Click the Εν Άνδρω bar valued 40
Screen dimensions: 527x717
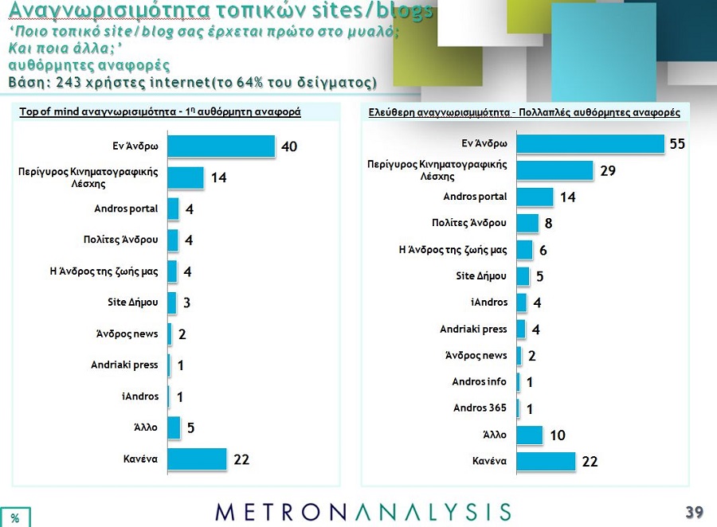[x=221, y=146]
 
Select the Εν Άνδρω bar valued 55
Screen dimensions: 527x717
[x=590, y=143]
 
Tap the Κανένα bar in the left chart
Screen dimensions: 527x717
[x=198, y=459]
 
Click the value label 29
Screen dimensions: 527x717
[x=607, y=171]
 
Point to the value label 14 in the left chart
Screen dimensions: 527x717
[x=218, y=178]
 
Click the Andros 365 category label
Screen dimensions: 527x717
[x=480, y=408]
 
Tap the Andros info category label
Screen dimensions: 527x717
[x=479, y=382]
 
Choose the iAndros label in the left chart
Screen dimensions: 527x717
[x=142, y=396]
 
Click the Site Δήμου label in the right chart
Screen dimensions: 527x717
[x=483, y=276]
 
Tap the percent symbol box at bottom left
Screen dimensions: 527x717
[x=14, y=517]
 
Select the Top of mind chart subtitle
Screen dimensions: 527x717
[x=159, y=112]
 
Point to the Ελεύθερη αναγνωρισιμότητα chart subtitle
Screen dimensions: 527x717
[x=523, y=113]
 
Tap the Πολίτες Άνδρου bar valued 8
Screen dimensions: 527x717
[x=527, y=224]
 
